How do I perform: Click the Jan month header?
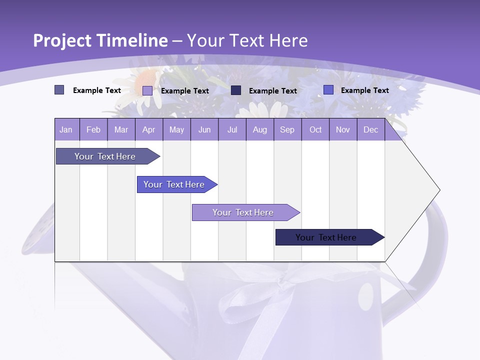tap(66, 129)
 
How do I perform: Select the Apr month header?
tap(148, 129)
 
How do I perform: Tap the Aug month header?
tap(259, 129)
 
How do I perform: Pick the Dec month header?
tap(370, 129)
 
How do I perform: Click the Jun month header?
tap(204, 129)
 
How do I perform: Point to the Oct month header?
tap(315, 129)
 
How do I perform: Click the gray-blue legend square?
tap(59, 90)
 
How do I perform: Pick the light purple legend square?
tap(147, 90)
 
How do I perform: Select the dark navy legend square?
tap(236, 90)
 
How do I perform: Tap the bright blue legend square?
tap(328, 90)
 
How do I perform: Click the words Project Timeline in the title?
tap(100, 40)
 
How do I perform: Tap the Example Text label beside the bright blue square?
tap(364, 90)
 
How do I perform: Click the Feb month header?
tap(93, 129)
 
